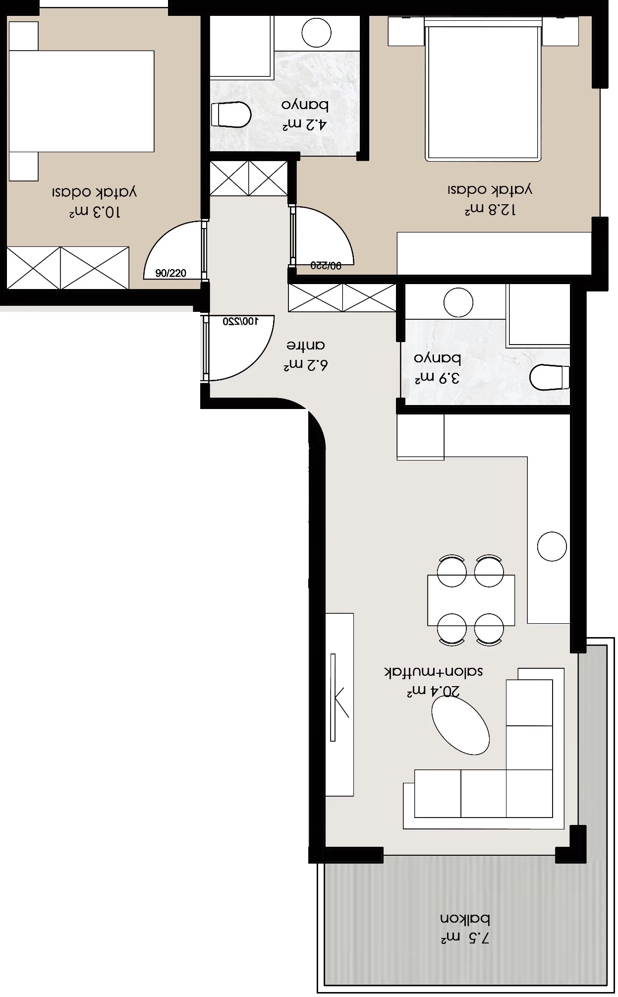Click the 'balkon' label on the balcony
point(465,919)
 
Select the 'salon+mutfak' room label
point(434,672)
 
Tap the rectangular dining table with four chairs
point(471,600)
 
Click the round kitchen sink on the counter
point(552,546)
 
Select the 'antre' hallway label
point(306,345)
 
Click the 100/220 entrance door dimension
point(241,321)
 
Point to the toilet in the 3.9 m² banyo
point(550,377)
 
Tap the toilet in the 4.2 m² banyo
point(231,115)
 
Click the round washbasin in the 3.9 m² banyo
point(458,302)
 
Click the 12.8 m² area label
point(490,210)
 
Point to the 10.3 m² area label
point(94,212)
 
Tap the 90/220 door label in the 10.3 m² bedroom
point(170,273)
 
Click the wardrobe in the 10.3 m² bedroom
point(68,268)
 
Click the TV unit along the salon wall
point(339,704)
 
